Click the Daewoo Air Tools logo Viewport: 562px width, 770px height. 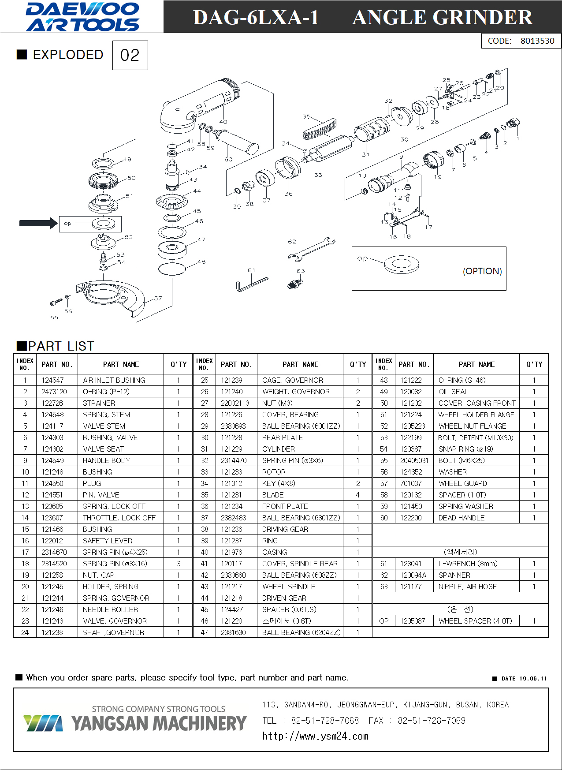click(83, 17)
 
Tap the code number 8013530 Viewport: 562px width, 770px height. click(537, 41)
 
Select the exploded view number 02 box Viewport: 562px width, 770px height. click(130, 55)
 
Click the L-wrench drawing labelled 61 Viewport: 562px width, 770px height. click(252, 284)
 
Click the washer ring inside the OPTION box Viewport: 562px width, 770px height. click(401, 264)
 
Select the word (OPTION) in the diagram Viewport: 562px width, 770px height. click(482, 271)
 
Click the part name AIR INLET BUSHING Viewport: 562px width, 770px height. click(114, 380)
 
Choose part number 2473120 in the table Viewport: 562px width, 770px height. click(54, 392)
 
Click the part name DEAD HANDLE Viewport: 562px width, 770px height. click(461, 518)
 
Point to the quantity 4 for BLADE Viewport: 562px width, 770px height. click(357, 495)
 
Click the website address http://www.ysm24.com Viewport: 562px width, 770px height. click(315, 736)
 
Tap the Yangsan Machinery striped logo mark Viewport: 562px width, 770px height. click(43, 723)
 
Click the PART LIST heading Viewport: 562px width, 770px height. click(61, 346)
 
